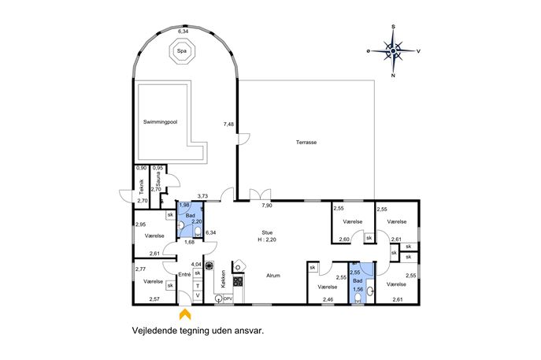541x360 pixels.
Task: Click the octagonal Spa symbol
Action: coord(182,51)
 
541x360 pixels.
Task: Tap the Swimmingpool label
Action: coord(160,122)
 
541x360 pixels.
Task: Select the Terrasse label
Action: coord(306,143)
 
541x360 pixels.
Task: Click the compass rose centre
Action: coord(393,51)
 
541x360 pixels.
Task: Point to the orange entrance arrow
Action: coord(185,314)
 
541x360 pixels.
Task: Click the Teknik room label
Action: coord(141,187)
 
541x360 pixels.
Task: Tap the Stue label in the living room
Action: coord(267,232)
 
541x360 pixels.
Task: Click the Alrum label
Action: coord(273,276)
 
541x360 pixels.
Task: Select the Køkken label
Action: coord(223,279)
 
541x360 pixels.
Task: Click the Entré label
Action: coord(184,274)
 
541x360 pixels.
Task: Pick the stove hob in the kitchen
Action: coord(239,281)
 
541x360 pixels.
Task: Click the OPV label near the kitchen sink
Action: coord(228,299)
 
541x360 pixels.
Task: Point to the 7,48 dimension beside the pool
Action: coord(228,124)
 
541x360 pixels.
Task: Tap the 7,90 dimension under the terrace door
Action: coord(267,206)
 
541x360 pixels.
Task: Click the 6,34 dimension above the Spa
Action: coord(183,31)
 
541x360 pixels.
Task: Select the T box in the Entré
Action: coord(198,286)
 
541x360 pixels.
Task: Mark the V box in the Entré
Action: coord(198,295)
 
